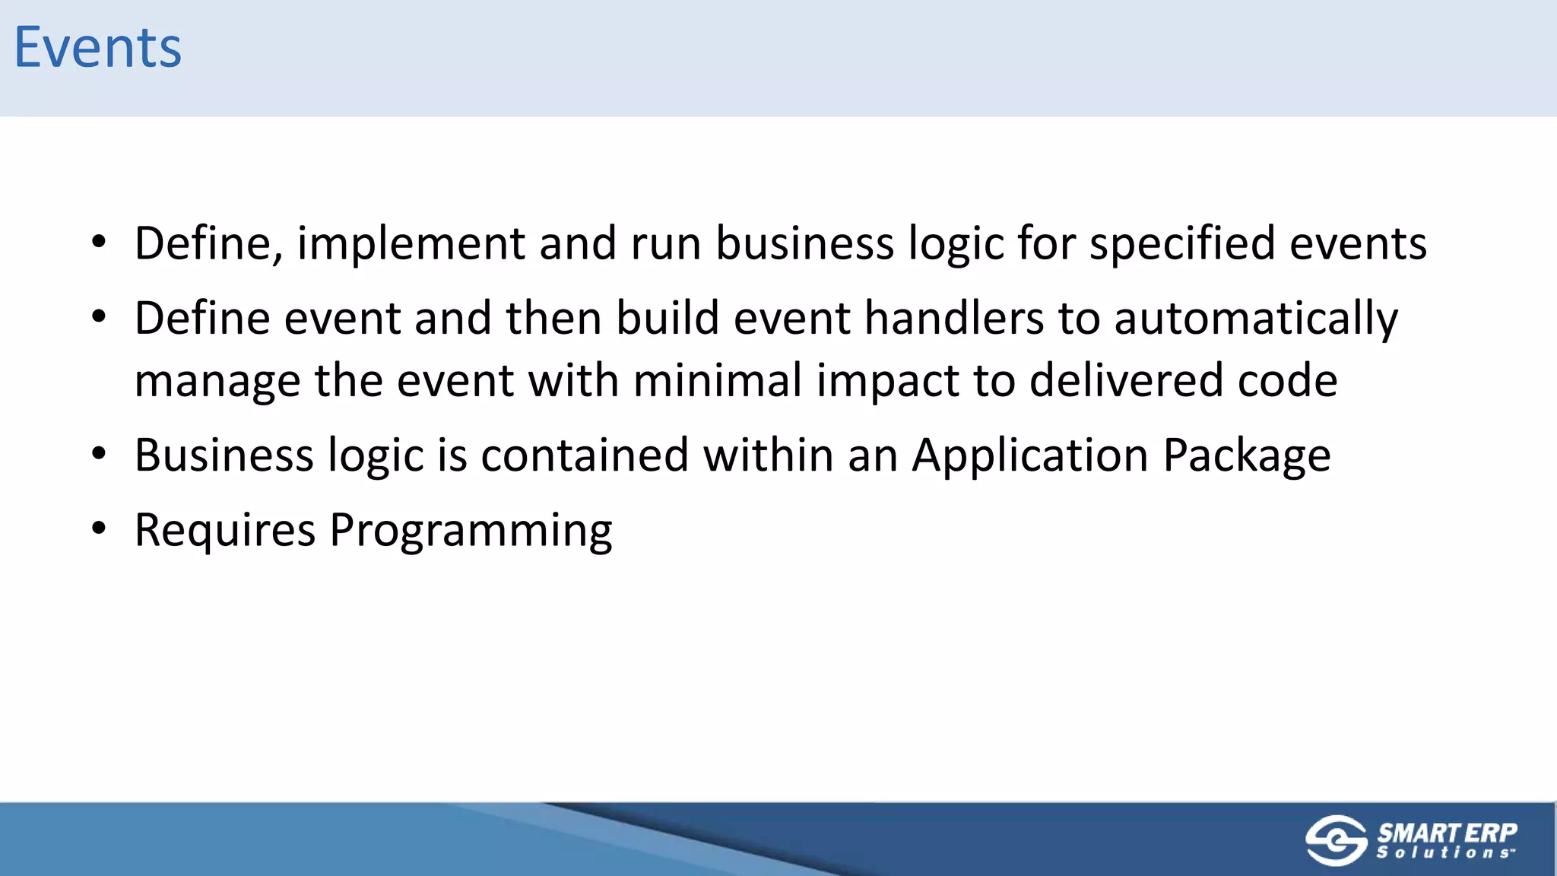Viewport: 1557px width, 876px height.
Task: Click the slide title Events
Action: [97, 47]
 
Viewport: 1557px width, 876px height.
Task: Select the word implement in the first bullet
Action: [411, 244]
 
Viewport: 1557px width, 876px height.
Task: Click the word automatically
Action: [1256, 319]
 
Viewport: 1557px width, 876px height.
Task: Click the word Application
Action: [1030, 456]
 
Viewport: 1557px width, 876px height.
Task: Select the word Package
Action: [1247, 456]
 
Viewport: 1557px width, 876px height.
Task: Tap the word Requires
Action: [224, 530]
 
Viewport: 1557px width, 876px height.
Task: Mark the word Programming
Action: [471, 532]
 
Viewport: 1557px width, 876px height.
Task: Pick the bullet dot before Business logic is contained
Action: [99, 453]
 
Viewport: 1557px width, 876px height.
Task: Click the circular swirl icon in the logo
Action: [1336, 840]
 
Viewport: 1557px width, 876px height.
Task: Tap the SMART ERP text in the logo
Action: [1447, 832]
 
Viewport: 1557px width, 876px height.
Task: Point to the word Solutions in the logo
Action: [1444, 853]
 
